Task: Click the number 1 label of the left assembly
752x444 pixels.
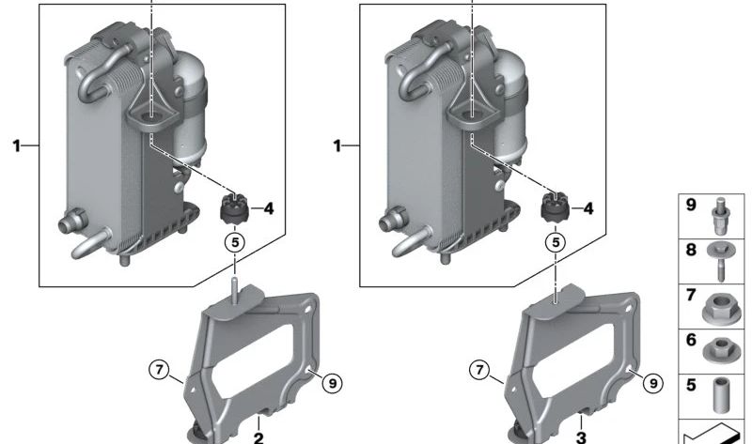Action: pos(17,145)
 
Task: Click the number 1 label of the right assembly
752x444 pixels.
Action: pos(337,145)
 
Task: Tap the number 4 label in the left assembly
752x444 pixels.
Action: pos(269,208)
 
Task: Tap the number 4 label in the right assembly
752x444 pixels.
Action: pos(588,208)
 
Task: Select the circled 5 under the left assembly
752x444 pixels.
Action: pos(235,242)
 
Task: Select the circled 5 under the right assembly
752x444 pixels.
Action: pos(556,242)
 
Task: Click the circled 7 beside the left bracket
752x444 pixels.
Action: pos(159,370)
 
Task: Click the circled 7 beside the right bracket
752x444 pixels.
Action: pos(479,370)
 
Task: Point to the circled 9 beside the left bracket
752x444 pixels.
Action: pos(333,383)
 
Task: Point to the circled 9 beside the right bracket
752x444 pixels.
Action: pos(652,383)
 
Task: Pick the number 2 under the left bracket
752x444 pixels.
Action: pos(258,437)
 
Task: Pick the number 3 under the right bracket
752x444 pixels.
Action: pos(581,437)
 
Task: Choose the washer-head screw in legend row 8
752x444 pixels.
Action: pos(719,262)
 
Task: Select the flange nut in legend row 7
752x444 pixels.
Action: pos(718,308)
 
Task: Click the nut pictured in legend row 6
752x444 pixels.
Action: pos(718,350)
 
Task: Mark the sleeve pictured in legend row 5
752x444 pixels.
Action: pos(719,395)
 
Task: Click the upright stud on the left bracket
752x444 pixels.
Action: pos(234,289)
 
